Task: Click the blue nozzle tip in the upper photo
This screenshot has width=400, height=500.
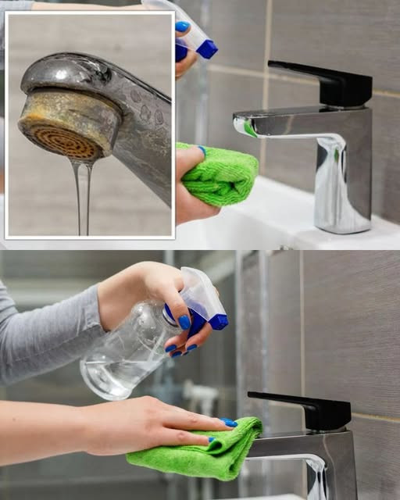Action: pos(206,49)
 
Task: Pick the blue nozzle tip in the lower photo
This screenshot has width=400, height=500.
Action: pos(219,321)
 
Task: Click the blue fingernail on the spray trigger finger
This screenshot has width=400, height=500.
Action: pos(184,322)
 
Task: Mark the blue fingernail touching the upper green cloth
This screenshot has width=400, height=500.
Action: pos(202,149)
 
